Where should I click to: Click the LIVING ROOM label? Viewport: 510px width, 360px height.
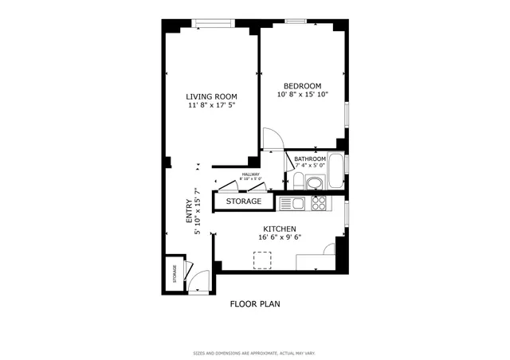[211, 96]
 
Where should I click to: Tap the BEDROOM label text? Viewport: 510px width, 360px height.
[302, 86]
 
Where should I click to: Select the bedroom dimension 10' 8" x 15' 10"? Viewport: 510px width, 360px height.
[302, 95]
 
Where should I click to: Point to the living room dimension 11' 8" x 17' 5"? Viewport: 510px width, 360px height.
[211, 105]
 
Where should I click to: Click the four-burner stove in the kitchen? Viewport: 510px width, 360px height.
[319, 204]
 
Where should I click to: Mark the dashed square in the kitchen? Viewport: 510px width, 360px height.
[262, 260]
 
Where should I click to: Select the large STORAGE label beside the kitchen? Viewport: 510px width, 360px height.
[243, 202]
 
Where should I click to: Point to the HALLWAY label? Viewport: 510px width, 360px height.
[251, 174]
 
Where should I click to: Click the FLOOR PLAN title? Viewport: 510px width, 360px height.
[254, 303]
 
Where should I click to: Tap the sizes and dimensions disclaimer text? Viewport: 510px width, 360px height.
[254, 353]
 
